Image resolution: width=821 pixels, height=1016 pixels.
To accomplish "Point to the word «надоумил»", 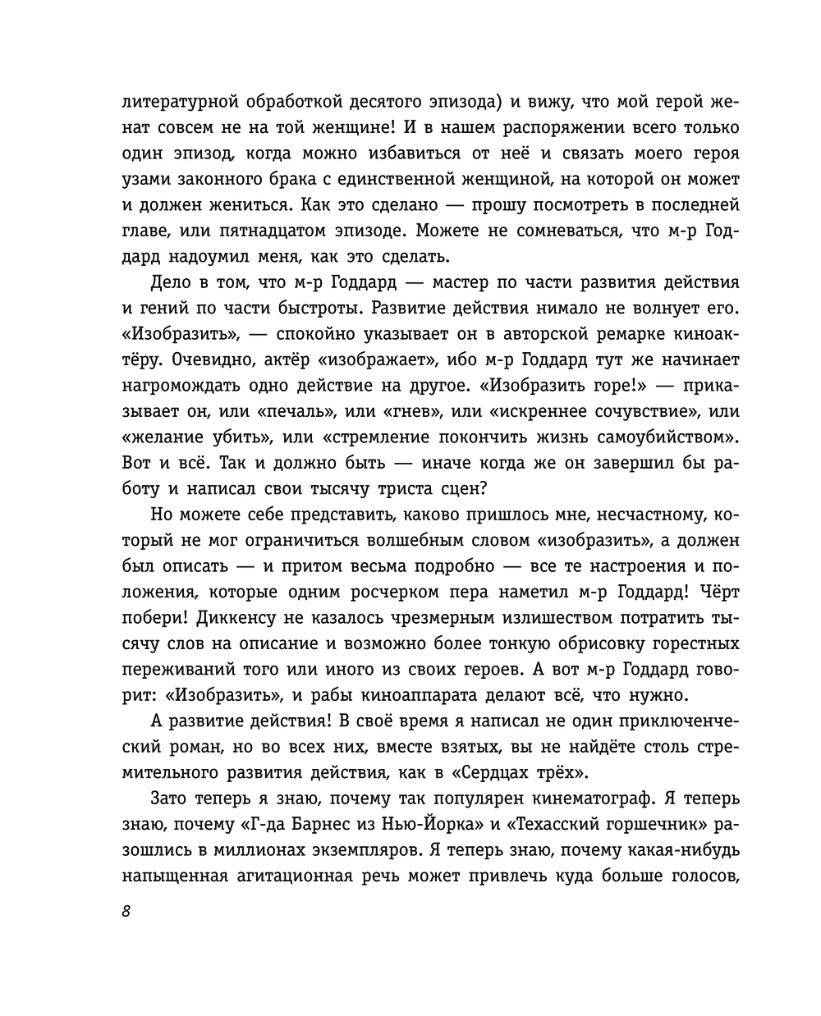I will pos(209,256).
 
